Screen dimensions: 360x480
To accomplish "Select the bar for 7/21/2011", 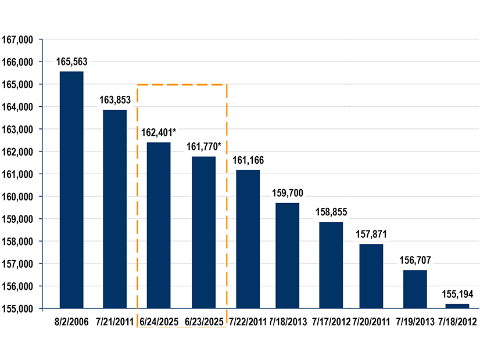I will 114,209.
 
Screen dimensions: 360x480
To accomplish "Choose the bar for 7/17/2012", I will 331,265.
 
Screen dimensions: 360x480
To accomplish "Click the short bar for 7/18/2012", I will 457,306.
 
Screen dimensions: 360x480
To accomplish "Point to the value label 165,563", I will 71,62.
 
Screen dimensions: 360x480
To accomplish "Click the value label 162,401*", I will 159,132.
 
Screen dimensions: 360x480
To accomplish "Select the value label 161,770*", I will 204,146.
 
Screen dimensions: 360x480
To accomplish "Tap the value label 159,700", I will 288,193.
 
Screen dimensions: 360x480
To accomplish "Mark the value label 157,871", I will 371,234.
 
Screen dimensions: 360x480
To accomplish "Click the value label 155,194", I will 457,294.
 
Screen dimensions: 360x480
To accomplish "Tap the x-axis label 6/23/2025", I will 204,321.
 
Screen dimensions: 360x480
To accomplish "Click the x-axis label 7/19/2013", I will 415,321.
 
